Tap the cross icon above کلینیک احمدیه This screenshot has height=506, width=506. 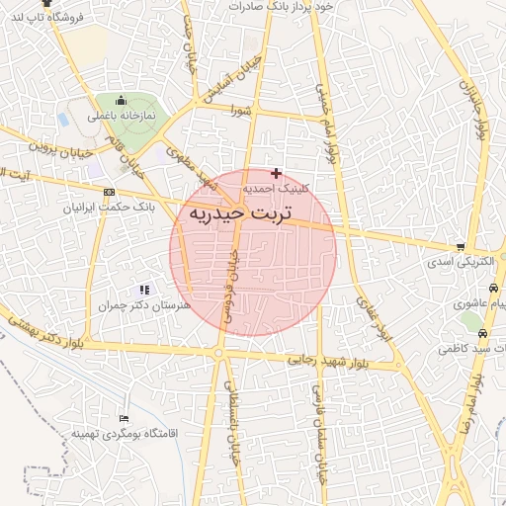276,173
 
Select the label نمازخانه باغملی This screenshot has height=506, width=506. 122,116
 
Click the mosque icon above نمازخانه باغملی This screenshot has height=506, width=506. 122,100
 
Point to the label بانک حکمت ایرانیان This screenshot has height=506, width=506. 108,208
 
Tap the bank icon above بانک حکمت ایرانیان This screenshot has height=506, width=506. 109,193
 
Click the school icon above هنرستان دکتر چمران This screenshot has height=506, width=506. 145,291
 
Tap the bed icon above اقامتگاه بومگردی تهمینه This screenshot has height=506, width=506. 123,419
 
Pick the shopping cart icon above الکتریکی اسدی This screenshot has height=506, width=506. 461,247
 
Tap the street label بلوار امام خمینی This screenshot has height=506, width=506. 329,123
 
